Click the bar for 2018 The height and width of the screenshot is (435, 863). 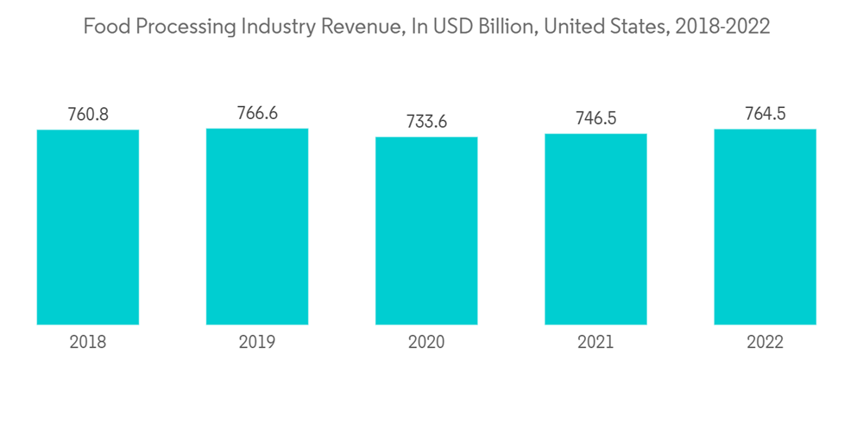88,227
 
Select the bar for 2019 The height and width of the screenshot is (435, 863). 257,226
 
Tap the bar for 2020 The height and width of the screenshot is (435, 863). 426,230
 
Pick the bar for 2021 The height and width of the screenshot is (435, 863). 595,229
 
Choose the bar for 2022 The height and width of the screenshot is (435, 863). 765,227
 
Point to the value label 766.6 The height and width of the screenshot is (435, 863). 257,113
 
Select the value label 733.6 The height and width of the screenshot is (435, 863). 426,122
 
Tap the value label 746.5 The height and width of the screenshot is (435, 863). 595,118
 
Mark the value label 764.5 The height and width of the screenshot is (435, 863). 765,114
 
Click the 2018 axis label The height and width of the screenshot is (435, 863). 88,343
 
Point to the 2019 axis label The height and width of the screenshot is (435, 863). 257,343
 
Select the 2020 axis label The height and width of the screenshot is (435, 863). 426,343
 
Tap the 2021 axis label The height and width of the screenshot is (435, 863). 595,343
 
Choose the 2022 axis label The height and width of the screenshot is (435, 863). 765,343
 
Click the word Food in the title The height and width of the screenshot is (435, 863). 101,28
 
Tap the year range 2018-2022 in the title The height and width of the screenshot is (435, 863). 722,28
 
